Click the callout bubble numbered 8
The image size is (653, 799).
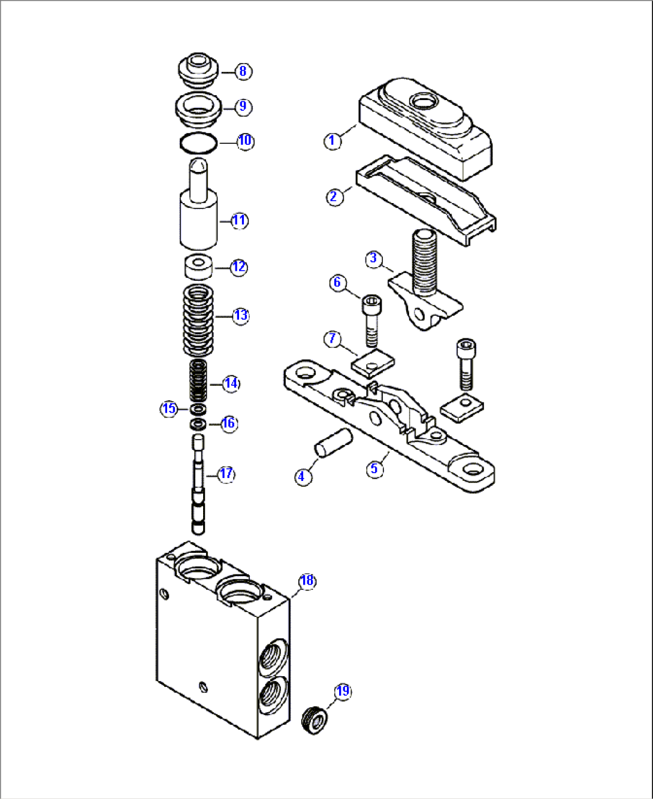[242, 71]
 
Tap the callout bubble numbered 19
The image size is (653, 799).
[342, 692]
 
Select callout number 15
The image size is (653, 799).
[169, 408]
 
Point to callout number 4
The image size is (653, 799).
[303, 477]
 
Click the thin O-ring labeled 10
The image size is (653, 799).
[198, 144]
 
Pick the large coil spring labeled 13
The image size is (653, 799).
[199, 320]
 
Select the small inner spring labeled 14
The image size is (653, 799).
[198, 382]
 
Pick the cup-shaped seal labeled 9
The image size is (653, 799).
[198, 111]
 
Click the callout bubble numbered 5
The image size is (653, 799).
[374, 468]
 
